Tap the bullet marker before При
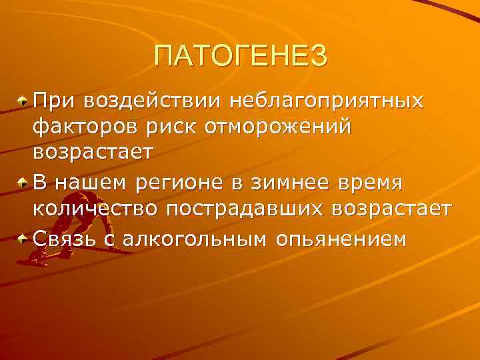tap(23, 102)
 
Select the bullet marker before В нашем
tap(23, 182)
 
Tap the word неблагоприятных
tap(327, 102)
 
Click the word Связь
tap(64, 238)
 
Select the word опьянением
tap(340, 238)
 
